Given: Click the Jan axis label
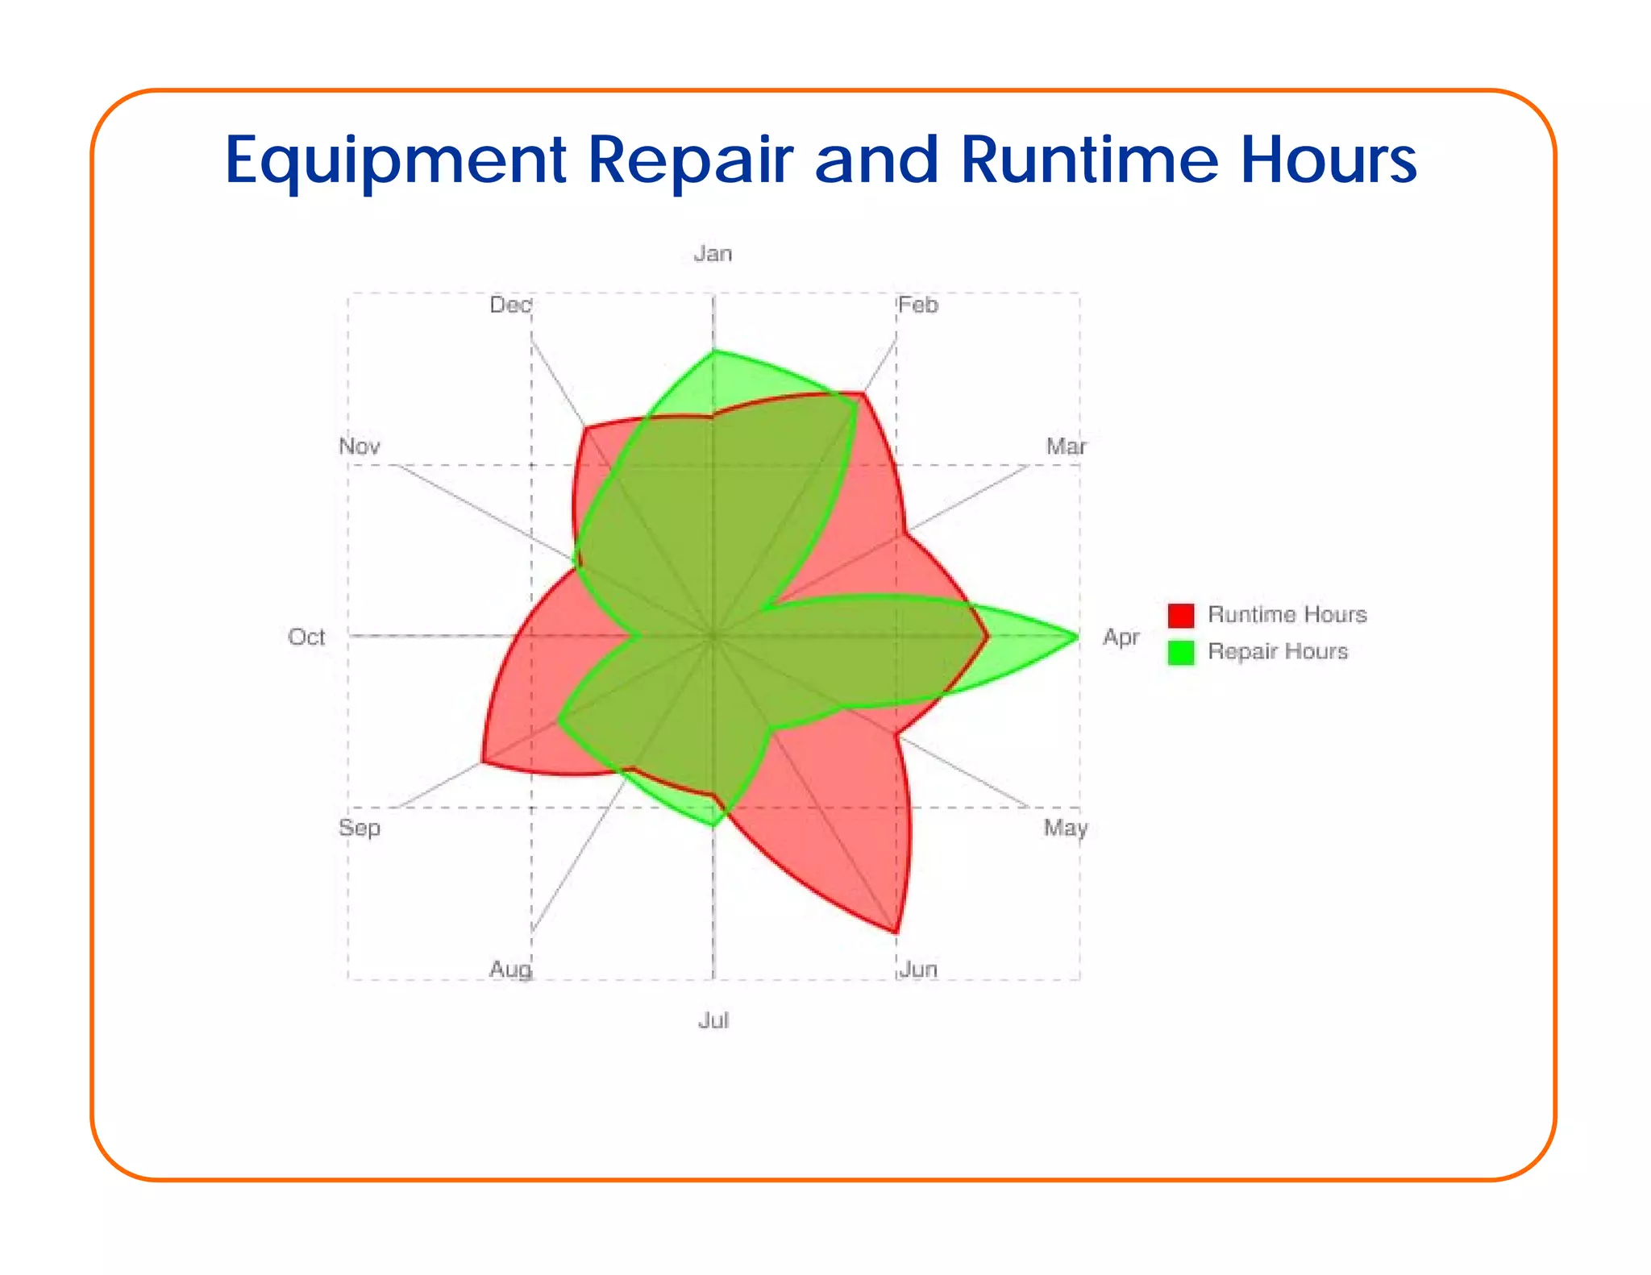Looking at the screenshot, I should (x=713, y=254).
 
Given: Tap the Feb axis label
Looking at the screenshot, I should (x=918, y=305).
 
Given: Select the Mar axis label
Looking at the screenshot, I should (x=1066, y=446).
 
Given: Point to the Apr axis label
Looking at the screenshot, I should (x=1121, y=637).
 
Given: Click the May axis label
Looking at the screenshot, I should (x=1066, y=828).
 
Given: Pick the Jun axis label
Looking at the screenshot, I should (x=918, y=969).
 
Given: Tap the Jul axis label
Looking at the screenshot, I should (x=713, y=1020).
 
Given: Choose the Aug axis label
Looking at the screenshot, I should (x=510, y=969).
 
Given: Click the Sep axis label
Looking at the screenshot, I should (x=360, y=828).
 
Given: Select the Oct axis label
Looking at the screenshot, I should (x=306, y=637).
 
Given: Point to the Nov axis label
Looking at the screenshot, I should (x=360, y=446).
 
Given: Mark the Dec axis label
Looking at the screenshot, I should (x=510, y=305).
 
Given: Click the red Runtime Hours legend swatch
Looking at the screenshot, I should (x=1181, y=616).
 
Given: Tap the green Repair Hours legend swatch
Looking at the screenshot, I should (x=1181, y=652).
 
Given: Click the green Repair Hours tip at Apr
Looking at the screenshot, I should (x=1077, y=637).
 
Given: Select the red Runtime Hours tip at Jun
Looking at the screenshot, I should (x=896, y=932).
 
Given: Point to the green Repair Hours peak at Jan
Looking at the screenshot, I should (x=713, y=351).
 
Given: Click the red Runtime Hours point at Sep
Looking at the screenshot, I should (x=483, y=761).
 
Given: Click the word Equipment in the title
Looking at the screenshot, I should (x=395, y=161).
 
